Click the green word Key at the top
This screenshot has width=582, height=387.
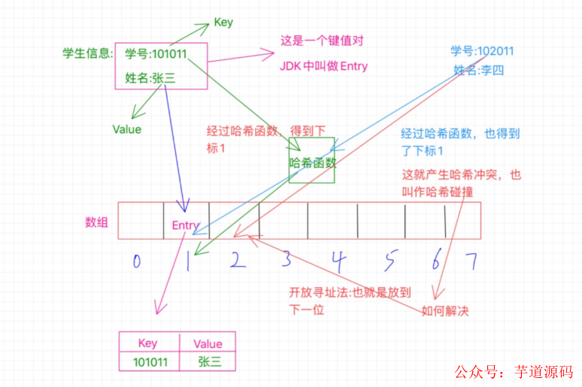(x=223, y=23)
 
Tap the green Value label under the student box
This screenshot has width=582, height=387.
(x=127, y=129)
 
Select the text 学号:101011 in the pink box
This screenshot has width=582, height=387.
(x=156, y=53)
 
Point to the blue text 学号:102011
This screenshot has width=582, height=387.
(x=482, y=51)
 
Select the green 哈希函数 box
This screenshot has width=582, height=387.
(x=311, y=160)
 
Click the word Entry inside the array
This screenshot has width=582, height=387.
(x=186, y=225)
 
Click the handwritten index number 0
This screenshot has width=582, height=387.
(x=136, y=262)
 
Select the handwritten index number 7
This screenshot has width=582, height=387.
(x=471, y=261)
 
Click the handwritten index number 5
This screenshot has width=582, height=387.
(x=389, y=262)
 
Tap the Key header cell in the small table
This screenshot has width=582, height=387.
(x=148, y=343)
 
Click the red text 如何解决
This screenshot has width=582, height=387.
(x=445, y=311)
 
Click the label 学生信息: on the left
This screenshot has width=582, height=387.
(x=87, y=54)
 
